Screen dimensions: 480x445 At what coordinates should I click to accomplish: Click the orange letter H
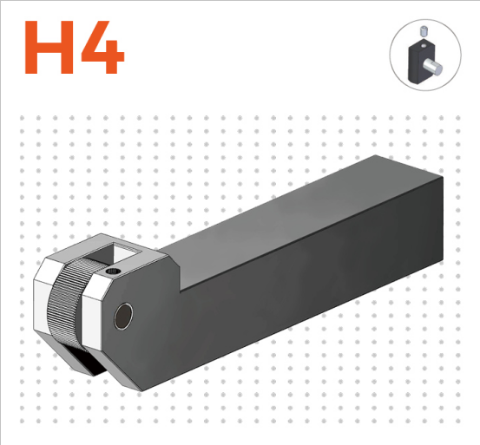point(49,48)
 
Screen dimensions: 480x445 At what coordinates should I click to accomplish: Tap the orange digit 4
point(102,48)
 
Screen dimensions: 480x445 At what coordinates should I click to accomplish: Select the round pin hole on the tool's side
point(123,317)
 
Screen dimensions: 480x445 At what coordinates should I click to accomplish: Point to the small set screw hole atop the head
point(113,271)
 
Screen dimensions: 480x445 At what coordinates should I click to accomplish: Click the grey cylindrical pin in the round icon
point(432,68)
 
